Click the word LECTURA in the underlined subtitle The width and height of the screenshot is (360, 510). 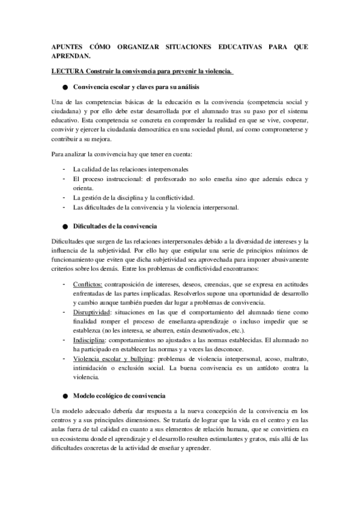[66, 72]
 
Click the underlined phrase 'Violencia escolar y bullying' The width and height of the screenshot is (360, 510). [112, 358]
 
